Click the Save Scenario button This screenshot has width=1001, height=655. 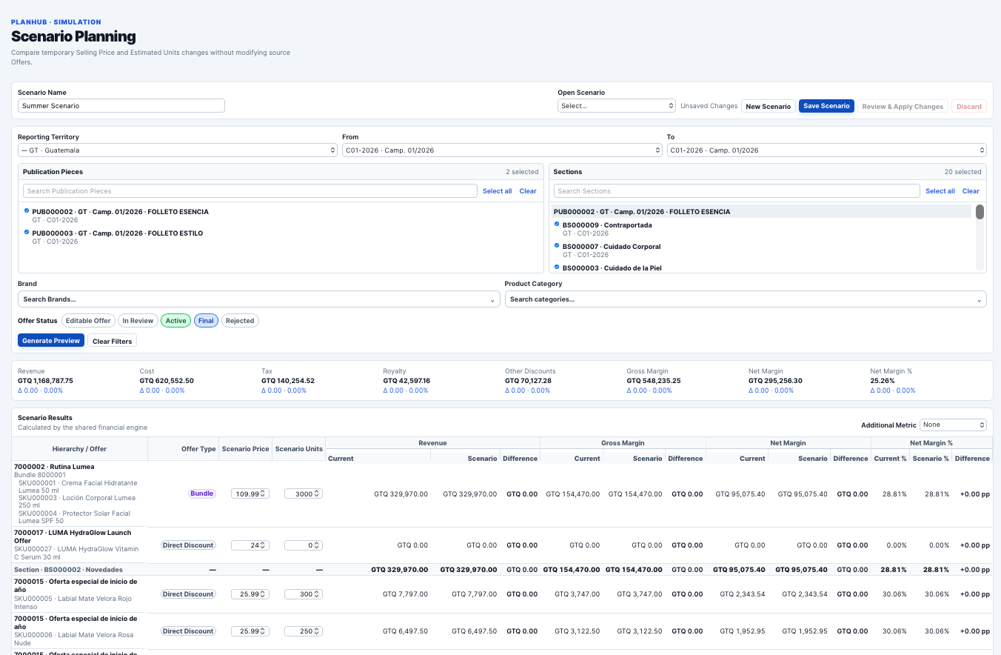tap(826, 106)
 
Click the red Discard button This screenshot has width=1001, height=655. tap(969, 107)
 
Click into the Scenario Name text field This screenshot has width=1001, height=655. tap(121, 106)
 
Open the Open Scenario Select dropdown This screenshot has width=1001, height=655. tap(616, 106)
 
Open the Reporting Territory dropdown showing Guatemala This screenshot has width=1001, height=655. tap(178, 150)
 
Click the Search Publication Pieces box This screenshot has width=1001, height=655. tap(250, 191)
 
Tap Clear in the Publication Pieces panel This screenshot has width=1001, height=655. tap(528, 191)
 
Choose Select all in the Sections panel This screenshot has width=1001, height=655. tap(940, 191)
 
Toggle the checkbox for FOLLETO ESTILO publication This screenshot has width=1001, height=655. tap(27, 232)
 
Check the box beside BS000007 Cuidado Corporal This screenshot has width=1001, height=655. tap(556, 245)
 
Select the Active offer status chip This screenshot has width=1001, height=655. tap(175, 321)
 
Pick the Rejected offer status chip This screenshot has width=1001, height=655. tap(240, 321)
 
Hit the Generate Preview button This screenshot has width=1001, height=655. tap(51, 341)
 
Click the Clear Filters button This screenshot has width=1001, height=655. tap(112, 341)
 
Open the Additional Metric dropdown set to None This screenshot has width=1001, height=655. tap(953, 425)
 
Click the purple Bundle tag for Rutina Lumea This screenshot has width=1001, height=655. tap(201, 493)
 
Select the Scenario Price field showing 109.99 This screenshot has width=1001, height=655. tap(250, 494)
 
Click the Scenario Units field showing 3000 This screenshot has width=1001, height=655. tap(304, 494)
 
